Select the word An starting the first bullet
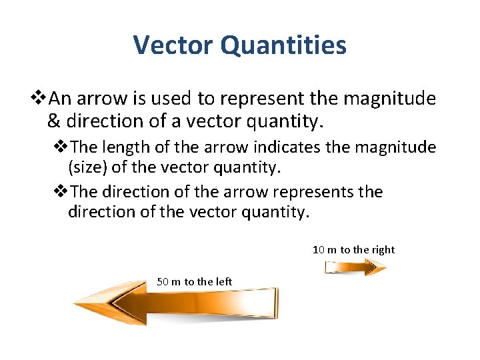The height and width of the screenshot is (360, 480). point(60,99)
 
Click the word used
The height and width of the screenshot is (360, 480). point(173,99)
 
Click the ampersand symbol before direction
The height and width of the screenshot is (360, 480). point(54,121)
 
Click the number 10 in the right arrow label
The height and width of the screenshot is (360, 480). point(319,250)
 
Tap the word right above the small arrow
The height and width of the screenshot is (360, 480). point(383,250)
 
